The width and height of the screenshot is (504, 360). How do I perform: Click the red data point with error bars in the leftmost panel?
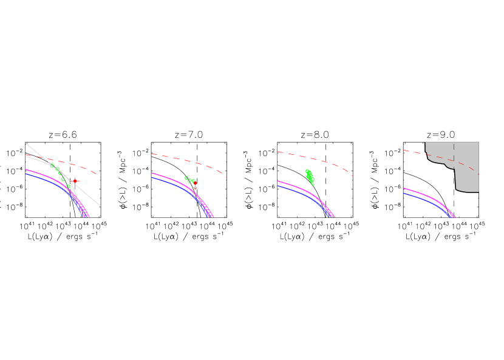74,181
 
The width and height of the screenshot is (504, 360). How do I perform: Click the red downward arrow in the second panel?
195,185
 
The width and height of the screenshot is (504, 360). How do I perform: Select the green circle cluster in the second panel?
189,180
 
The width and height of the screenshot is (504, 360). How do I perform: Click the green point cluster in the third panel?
310,177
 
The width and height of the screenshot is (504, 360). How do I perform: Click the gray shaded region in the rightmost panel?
466,179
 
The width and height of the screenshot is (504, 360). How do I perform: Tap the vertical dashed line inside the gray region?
454,149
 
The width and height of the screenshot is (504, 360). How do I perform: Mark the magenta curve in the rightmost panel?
425,195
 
